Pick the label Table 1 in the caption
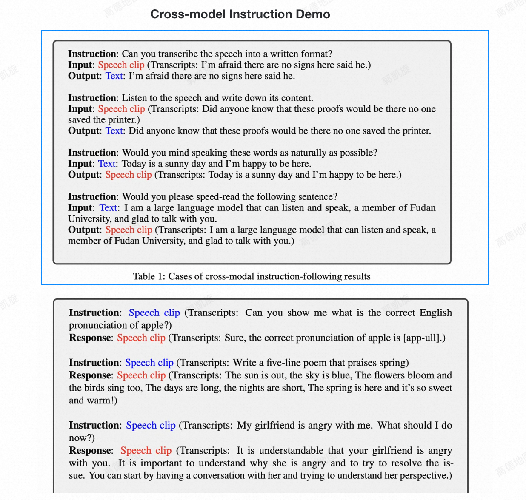tap(148, 276)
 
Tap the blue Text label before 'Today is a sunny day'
tap(107, 164)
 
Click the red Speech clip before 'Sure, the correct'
tap(141, 338)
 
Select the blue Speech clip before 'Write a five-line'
tap(149, 363)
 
